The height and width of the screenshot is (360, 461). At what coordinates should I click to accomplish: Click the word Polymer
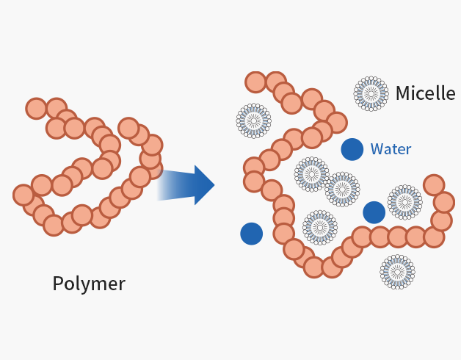pyautogui.click(x=89, y=284)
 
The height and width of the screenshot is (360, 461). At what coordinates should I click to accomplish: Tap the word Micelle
pyautogui.click(x=425, y=93)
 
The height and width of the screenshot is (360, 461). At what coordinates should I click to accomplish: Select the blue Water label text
pyautogui.click(x=391, y=149)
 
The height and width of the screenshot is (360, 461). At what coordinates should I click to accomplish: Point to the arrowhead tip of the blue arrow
pyautogui.click(x=214, y=185)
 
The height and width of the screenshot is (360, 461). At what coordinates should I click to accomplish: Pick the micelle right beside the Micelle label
pyautogui.click(x=371, y=93)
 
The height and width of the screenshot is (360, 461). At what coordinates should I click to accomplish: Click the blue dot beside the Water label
pyautogui.click(x=352, y=149)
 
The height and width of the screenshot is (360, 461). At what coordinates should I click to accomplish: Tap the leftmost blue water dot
pyautogui.click(x=251, y=234)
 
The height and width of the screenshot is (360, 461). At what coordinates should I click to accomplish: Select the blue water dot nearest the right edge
pyautogui.click(x=374, y=212)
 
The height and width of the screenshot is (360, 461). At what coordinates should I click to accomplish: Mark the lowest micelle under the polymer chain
pyautogui.click(x=397, y=272)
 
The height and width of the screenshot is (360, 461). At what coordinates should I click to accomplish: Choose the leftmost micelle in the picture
pyautogui.click(x=253, y=120)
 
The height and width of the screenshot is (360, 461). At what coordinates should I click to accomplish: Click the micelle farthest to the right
pyautogui.click(x=404, y=202)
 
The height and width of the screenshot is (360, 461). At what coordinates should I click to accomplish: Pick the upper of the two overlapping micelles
pyautogui.click(x=312, y=174)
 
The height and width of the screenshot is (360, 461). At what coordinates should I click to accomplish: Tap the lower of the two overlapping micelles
pyautogui.click(x=342, y=190)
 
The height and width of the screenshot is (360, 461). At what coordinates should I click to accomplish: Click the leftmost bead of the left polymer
pyautogui.click(x=23, y=195)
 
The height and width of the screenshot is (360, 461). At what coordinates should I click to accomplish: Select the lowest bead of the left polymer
pyautogui.click(x=54, y=225)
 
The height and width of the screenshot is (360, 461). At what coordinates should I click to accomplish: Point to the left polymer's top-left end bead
pyautogui.click(x=36, y=108)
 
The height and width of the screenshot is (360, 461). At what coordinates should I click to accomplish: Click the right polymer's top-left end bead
pyautogui.click(x=255, y=82)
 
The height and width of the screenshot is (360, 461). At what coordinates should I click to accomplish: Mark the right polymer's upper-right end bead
pyautogui.click(x=434, y=184)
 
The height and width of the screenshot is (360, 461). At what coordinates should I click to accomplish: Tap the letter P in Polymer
pyautogui.click(x=58, y=284)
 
